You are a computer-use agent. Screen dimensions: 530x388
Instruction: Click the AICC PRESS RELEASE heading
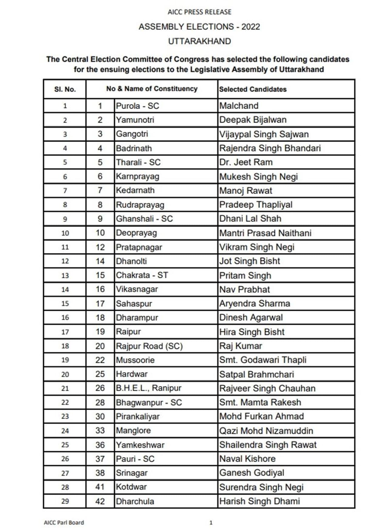click(x=199, y=12)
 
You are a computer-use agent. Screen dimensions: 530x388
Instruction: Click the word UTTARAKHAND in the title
click(x=199, y=41)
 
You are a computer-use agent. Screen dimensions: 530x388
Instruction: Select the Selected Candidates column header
click(x=253, y=89)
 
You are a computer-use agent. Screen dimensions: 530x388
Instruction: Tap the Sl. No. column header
click(x=65, y=89)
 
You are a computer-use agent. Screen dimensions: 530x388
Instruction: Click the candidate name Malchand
click(x=239, y=106)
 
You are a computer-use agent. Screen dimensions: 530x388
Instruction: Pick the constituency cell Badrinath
click(x=134, y=148)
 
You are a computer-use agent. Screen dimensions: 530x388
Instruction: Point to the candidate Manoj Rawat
click(x=246, y=191)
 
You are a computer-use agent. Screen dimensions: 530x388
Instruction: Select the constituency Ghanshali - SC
click(x=144, y=219)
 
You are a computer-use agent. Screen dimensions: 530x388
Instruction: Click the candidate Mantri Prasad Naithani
click(x=265, y=233)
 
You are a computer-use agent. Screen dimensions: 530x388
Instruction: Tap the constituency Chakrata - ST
click(x=142, y=275)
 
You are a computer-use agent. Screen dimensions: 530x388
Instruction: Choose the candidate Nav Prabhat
click(x=244, y=289)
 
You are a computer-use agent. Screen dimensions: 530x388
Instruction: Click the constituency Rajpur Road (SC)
click(x=149, y=346)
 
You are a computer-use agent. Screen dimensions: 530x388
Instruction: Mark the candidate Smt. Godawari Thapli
click(x=263, y=360)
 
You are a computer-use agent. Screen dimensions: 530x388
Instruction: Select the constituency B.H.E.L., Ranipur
click(x=149, y=388)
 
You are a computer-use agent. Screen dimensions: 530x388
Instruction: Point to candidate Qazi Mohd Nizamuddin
click(x=266, y=431)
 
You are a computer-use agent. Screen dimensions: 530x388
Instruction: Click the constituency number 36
click(x=100, y=445)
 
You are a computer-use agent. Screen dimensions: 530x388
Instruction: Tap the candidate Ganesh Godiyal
click(x=252, y=473)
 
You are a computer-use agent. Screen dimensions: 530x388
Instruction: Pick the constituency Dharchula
click(x=135, y=501)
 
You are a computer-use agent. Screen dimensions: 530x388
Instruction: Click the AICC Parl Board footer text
click(x=64, y=522)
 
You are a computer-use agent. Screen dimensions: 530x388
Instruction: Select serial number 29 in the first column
click(x=65, y=501)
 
